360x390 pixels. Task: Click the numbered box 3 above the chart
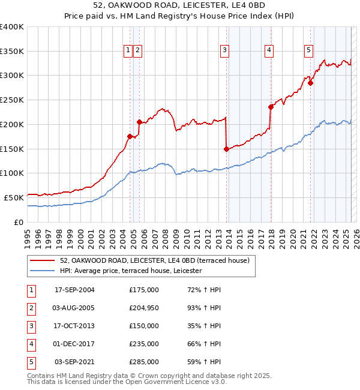point(224,51)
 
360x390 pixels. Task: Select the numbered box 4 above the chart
point(269,51)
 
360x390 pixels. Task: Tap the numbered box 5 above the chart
point(308,51)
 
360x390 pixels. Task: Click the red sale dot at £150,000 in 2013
point(226,149)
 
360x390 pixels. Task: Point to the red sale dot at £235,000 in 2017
point(271,107)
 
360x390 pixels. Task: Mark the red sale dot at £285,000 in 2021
point(311,83)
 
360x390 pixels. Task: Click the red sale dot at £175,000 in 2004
point(130,136)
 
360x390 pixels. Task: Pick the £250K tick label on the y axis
point(12,100)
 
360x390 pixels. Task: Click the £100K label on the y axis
point(12,173)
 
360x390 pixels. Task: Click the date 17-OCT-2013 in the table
point(74,326)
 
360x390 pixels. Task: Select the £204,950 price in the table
point(144,308)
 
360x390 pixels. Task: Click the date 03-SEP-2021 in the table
point(74,362)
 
